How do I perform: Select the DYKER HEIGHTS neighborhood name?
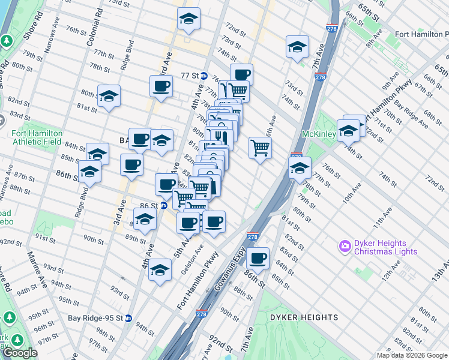pos(304,317)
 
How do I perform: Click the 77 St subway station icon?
pos(203,76)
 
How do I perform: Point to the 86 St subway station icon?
pos(163,206)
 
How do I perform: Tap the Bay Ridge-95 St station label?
pos(95,317)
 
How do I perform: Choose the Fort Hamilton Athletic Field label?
pos(37,138)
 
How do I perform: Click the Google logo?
pos(20,353)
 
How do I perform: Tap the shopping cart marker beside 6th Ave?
pos(260,147)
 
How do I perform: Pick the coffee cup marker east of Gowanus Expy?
pos(258,259)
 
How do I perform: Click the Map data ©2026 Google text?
pos(411,355)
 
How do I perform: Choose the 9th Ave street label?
pos(393,77)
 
